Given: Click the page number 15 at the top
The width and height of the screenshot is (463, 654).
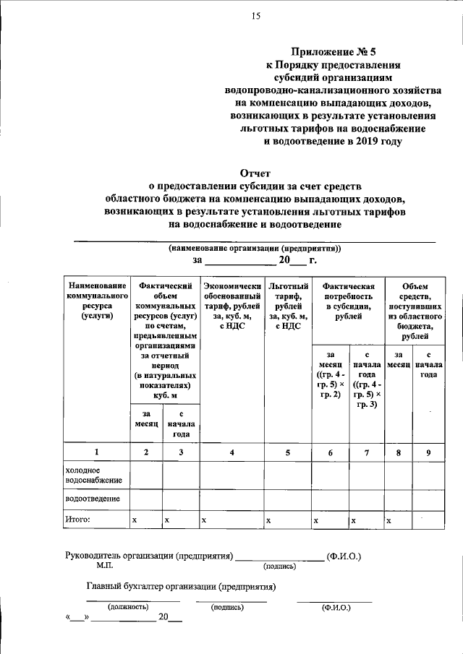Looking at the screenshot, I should (255, 16).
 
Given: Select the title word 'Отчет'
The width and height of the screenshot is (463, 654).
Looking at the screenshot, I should (255, 173).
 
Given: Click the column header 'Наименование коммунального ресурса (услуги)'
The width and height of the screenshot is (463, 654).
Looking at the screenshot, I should (96, 301).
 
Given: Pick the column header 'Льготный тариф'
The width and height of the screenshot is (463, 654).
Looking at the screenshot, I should (288, 306).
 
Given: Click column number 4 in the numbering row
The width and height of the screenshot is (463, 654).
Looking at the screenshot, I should (231, 452).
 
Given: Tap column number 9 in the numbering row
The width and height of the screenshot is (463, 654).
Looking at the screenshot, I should (429, 452).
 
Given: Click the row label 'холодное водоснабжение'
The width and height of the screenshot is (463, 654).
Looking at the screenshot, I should (94, 474).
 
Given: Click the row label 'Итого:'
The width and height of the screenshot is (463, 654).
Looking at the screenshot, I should (78, 519).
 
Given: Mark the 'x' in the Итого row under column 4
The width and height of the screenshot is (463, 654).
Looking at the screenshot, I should (205, 520).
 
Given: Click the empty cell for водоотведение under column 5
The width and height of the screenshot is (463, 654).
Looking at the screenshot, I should (288, 499).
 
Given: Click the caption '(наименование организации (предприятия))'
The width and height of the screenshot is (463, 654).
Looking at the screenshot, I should (255, 248).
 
